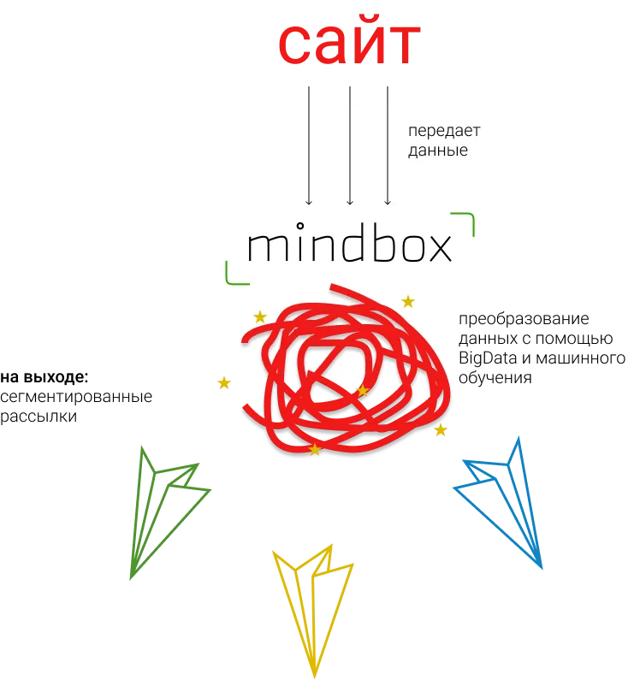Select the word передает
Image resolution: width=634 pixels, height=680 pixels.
point(443,131)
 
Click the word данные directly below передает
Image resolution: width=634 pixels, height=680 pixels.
point(437,151)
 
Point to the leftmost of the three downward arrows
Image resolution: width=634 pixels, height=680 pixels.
point(309,154)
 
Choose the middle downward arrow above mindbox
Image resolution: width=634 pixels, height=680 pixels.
point(349,154)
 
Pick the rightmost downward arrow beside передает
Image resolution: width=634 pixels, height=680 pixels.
point(388,154)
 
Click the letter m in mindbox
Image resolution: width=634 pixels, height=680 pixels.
point(267,248)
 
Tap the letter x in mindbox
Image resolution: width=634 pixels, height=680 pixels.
point(439,248)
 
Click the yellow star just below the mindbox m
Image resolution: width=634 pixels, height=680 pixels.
point(260,317)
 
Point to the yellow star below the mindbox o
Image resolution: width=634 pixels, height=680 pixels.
point(408,302)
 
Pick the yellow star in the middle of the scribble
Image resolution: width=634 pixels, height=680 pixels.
point(363,391)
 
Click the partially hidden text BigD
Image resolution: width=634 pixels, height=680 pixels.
point(473,357)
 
